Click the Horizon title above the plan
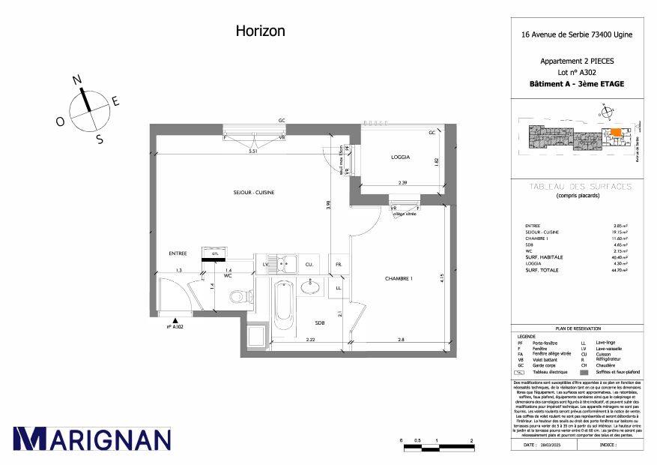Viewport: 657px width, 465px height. tap(260, 31)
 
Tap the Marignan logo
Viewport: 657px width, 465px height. tap(91, 439)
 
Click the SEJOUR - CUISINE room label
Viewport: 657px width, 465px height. tap(254, 193)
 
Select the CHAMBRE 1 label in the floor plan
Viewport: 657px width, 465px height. tap(399, 279)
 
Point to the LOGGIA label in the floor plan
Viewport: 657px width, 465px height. tap(401, 157)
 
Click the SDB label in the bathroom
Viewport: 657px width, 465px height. tap(320, 322)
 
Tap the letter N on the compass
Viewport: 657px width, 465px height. tap(76, 79)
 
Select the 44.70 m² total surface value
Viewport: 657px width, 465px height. tap(619, 271)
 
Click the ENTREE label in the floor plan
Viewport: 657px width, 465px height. tap(178, 253)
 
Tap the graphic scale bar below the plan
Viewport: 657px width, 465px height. tap(437, 448)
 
